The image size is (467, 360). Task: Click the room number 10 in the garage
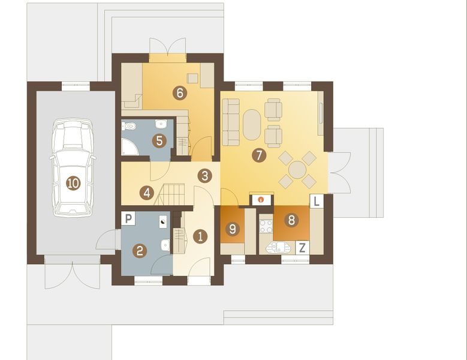click(73, 184)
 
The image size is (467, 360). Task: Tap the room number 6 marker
click(178, 92)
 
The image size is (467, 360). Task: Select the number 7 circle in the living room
click(258, 155)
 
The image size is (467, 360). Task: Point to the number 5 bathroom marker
click(159, 141)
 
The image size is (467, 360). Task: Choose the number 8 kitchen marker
click(291, 220)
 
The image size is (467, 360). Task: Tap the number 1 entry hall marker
click(201, 236)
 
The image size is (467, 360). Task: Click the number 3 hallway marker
click(205, 176)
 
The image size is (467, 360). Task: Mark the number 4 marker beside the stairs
click(146, 193)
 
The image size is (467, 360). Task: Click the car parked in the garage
click(73, 167)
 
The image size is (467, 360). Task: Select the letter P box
click(128, 219)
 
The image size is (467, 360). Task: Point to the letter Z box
click(303, 247)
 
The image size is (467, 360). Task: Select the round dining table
click(297, 169)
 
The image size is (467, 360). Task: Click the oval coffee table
click(252, 124)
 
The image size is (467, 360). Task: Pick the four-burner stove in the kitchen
click(265, 226)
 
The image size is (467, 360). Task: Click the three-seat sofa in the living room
click(231, 122)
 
